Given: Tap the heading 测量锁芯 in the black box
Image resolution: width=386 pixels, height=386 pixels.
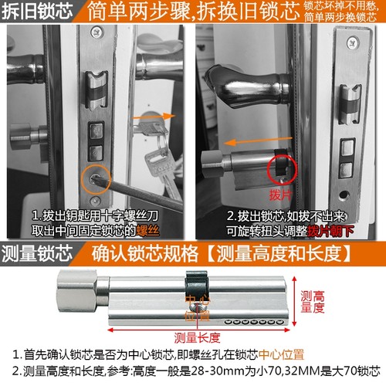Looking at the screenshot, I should click(37, 252).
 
